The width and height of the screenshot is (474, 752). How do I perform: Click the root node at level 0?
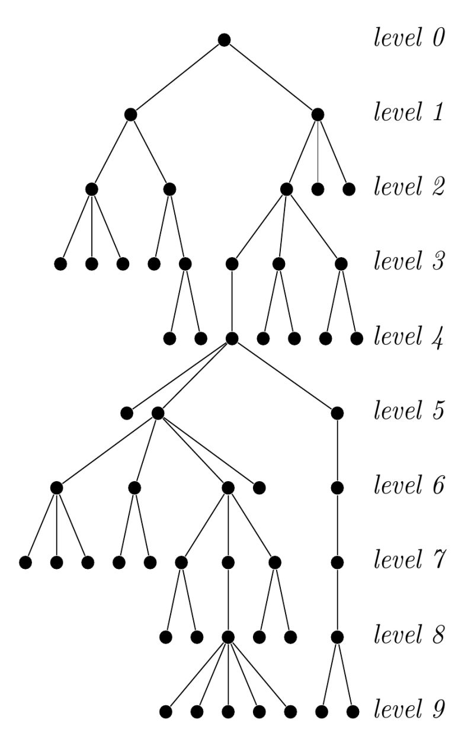point(224,40)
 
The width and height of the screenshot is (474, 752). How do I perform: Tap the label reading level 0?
point(408,39)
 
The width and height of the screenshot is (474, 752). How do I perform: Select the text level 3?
point(408,262)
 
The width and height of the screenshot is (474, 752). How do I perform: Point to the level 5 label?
point(408,411)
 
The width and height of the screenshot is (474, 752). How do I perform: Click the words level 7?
point(408,559)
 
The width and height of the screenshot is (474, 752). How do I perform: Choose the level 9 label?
point(408,709)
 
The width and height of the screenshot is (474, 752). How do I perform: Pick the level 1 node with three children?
point(318,114)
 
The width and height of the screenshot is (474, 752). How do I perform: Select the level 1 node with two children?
point(131,114)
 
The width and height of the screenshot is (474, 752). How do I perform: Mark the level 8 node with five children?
point(229,636)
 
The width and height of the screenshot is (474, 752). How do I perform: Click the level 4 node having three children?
point(232,338)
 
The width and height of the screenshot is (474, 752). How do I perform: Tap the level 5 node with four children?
point(158,413)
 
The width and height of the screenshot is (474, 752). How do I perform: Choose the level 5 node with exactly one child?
point(337,413)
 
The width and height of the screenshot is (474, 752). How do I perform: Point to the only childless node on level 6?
point(259,488)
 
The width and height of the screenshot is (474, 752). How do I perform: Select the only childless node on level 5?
point(126,413)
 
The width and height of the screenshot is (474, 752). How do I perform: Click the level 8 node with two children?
point(337,636)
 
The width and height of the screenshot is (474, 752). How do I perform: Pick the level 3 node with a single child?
point(232,263)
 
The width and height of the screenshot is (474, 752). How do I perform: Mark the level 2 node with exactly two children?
point(169,189)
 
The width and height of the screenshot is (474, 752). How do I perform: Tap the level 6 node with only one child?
point(337,488)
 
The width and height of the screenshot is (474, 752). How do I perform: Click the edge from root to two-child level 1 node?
point(178,77)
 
